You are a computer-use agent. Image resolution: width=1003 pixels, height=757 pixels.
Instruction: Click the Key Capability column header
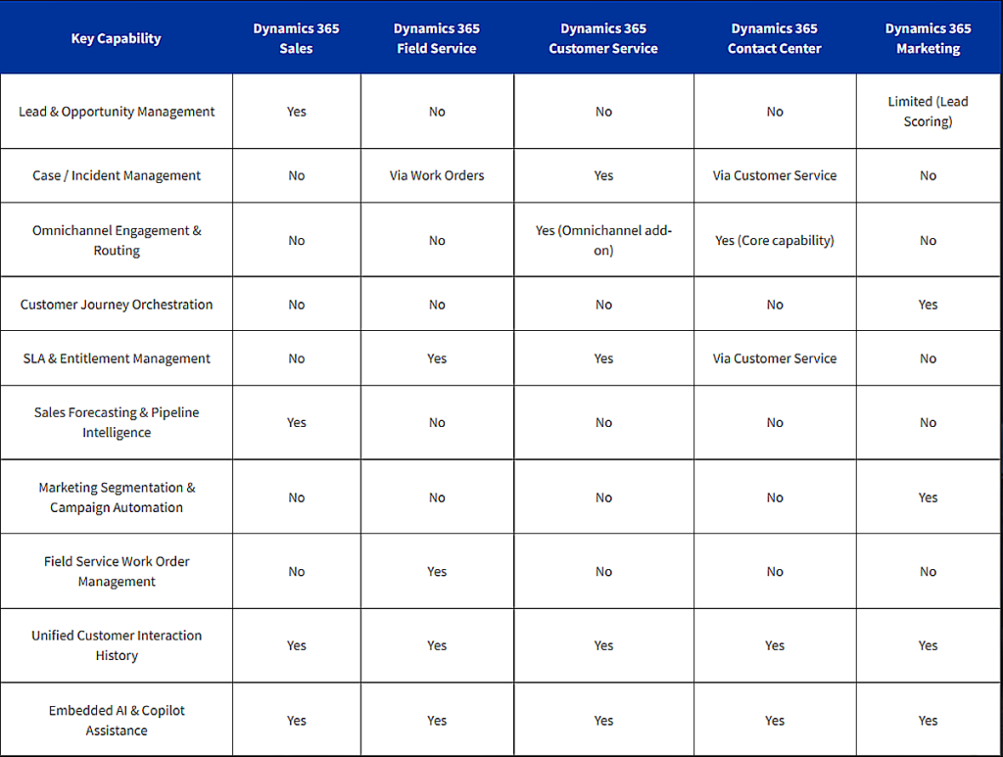pyautogui.click(x=116, y=39)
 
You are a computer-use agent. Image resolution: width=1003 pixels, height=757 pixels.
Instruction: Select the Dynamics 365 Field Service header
pyautogui.click(x=437, y=39)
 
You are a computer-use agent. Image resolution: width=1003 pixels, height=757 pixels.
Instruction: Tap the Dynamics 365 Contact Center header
pyautogui.click(x=774, y=39)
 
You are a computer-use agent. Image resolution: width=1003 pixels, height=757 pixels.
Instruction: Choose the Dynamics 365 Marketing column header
pyautogui.click(x=928, y=39)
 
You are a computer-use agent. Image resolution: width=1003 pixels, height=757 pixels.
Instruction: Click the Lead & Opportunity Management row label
pyautogui.click(x=117, y=112)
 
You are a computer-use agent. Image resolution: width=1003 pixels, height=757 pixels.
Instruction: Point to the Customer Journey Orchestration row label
pyautogui.click(x=117, y=305)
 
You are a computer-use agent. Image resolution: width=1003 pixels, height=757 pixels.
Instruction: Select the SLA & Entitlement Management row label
pyautogui.click(x=117, y=358)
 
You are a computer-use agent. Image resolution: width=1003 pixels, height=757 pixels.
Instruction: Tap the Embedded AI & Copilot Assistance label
pyautogui.click(x=117, y=721)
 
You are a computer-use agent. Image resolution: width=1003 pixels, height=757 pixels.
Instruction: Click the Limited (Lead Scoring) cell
pyautogui.click(x=928, y=112)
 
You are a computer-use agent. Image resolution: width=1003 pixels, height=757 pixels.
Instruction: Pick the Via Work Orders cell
pyautogui.click(x=437, y=176)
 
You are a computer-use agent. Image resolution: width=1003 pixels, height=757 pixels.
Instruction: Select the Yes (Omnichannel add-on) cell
pyautogui.click(x=603, y=241)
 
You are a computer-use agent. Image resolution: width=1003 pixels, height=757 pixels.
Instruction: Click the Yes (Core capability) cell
pyautogui.click(x=774, y=241)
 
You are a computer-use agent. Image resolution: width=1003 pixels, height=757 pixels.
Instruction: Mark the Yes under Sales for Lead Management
pyautogui.click(x=297, y=112)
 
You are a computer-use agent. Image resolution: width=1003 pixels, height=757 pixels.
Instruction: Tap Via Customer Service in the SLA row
pyautogui.click(x=774, y=358)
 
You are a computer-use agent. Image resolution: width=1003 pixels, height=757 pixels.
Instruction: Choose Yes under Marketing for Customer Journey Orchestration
pyautogui.click(x=928, y=305)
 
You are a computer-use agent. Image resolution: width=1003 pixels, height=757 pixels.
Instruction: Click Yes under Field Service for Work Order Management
pyautogui.click(x=437, y=572)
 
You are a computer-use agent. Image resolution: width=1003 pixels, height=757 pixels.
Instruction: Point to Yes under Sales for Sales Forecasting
pyautogui.click(x=297, y=423)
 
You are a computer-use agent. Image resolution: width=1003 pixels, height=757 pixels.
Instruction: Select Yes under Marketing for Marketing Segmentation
pyautogui.click(x=928, y=497)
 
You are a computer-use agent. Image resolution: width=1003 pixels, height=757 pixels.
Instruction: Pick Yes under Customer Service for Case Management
pyautogui.click(x=603, y=176)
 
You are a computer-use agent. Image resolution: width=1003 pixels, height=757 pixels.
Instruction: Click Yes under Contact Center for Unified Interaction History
pyautogui.click(x=774, y=646)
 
